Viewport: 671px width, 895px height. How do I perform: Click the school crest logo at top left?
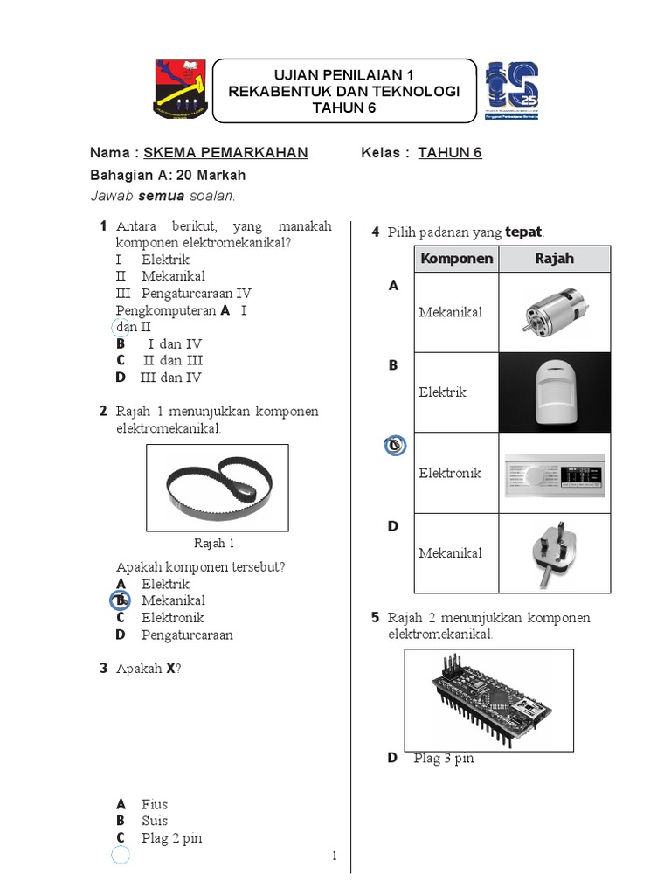[x=181, y=89]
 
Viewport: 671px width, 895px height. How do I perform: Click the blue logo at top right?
[x=512, y=91]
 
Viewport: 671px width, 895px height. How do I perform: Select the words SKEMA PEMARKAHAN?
[x=225, y=153]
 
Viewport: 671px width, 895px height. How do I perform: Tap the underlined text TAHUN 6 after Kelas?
[x=450, y=153]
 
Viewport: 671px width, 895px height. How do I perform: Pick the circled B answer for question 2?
[x=120, y=601]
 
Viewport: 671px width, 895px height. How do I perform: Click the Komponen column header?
[x=456, y=259]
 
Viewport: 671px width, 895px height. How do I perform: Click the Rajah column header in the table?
[x=554, y=259]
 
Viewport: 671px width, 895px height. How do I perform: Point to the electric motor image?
[x=553, y=312]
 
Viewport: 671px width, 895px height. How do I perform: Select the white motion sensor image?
[x=554, y=392]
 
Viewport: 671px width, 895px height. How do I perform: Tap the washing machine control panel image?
[x=554, y=474]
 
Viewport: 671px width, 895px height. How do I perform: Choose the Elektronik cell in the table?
[x=450, y=473]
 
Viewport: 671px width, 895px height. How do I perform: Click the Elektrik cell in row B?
[x=442, y=392]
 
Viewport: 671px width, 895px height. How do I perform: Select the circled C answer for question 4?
[x=394, y=446]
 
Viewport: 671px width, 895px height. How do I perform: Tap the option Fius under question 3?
[x=155, y=804]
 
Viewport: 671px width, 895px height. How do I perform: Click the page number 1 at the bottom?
[x=335, y=856]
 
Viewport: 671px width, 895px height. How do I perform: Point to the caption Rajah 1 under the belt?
[x=214, y=543]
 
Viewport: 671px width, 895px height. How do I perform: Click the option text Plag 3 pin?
[x=444, y=758]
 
